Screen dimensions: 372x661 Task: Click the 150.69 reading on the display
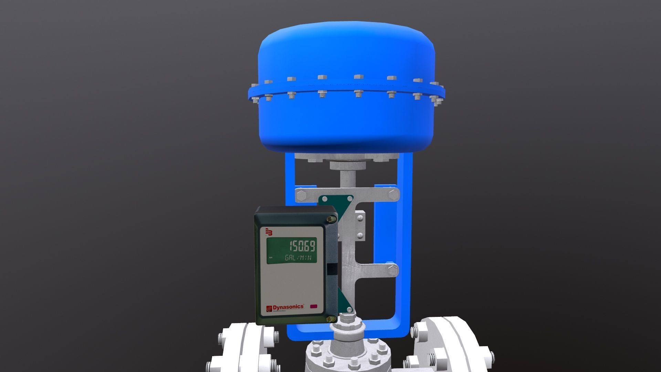pyautogui.click(x=302, y=247)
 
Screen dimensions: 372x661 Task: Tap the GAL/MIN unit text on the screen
pyautogui.click(x=300, y=258)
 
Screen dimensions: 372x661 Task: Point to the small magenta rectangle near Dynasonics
pyautogui.click(x=314, y=306)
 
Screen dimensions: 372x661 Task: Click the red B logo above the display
pyautogui.click(x=269, y=232)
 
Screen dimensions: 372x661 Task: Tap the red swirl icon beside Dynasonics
pyautogui.click(x=269, y=308)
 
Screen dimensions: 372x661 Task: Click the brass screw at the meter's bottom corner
pyautogui.click(x=332, y=319)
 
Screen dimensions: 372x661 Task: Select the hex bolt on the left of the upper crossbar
pyautogui.click(x=300, y=195)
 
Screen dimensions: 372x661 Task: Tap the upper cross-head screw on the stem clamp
pyautogui.click(x=360, y=218)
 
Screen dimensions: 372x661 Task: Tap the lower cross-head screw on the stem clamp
pyautogui.click(x=360, y=236)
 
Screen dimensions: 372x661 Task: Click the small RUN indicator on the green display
pyautogui.click(x=270, y=258)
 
